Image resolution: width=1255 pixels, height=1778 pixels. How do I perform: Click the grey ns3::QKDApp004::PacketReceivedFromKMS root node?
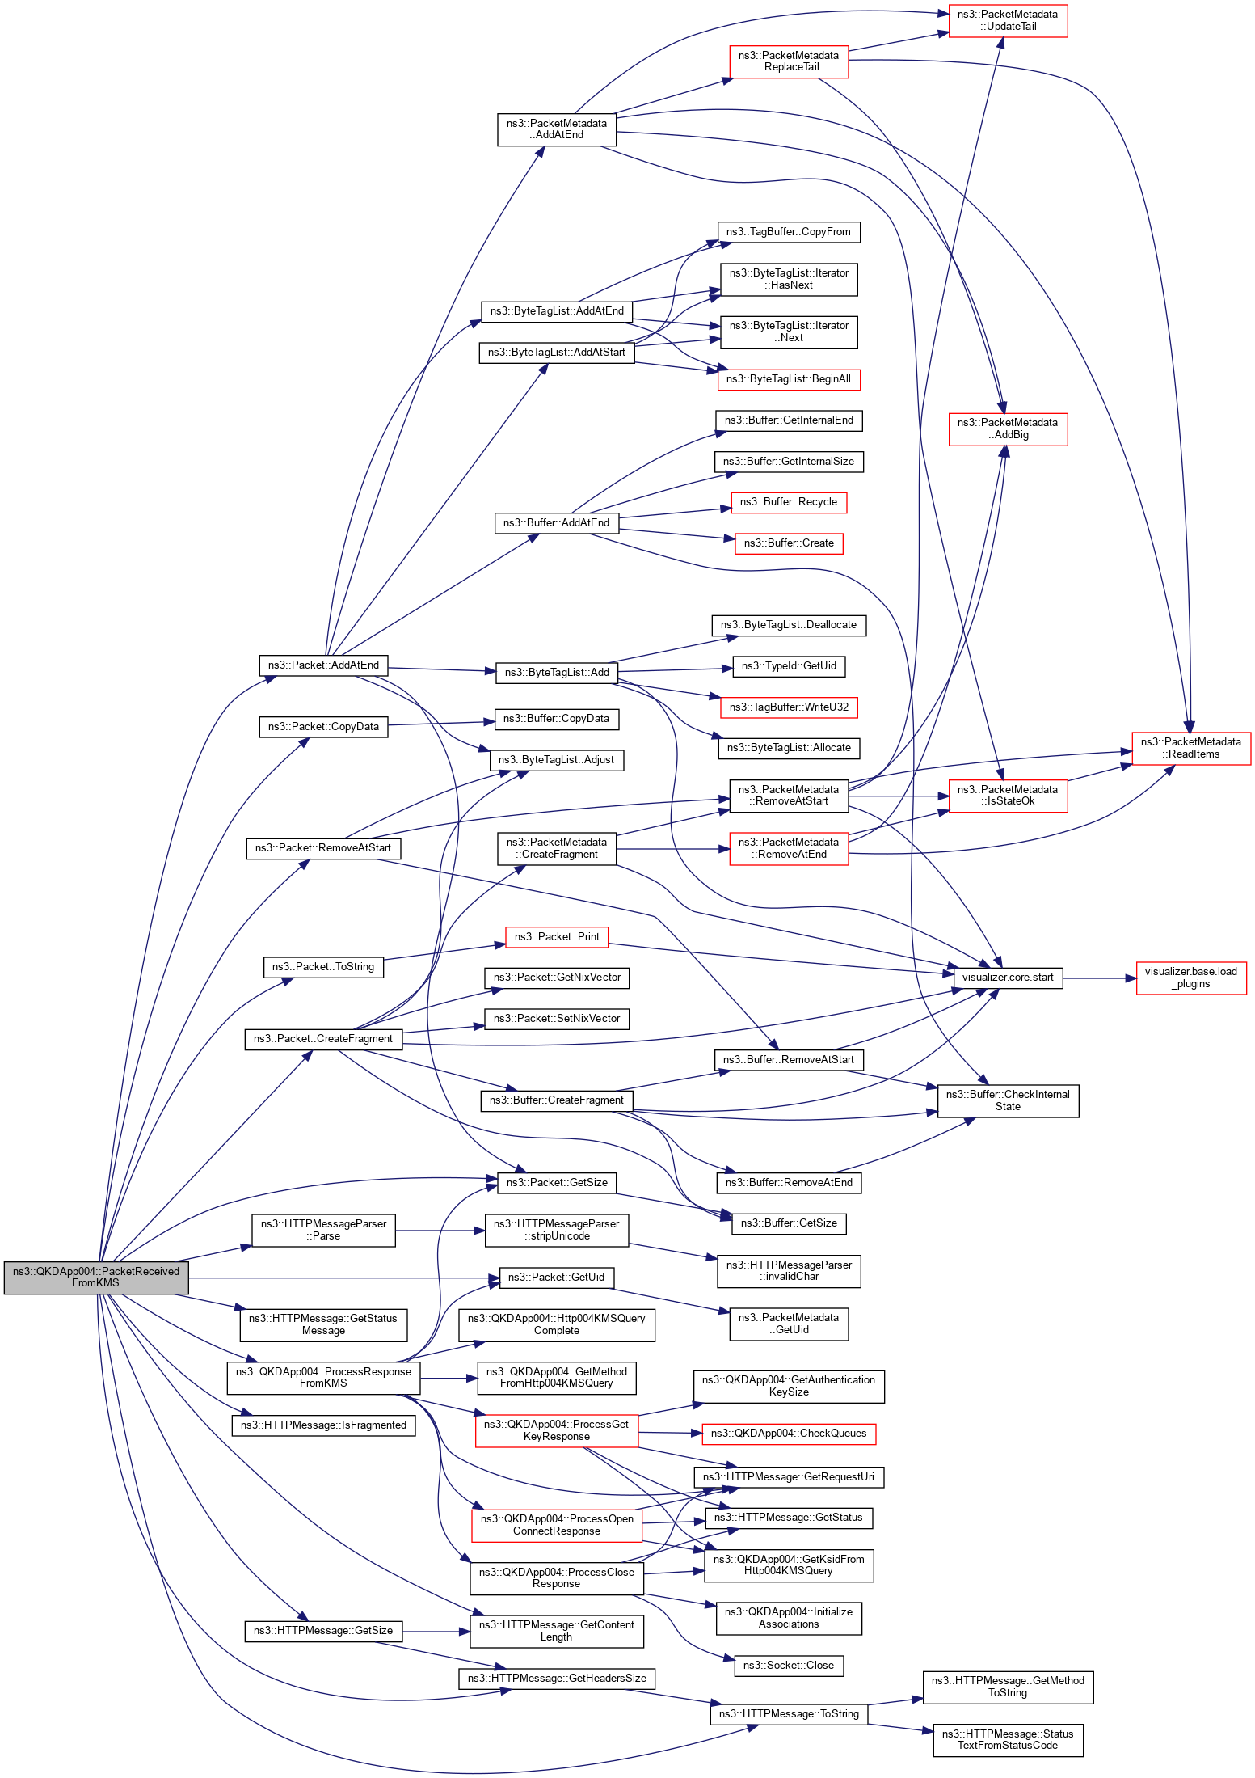pyautogui.click(x=95, y=1277)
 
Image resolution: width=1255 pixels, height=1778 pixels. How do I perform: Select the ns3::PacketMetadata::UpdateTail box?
pyautogui.click(x=1007, y=20)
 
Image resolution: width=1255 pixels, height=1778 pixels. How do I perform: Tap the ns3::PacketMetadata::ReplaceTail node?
pyautogui.click(x=788, y=61)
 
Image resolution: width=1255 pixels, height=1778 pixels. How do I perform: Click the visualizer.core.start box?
pyautogui.click(x=1007, y=977)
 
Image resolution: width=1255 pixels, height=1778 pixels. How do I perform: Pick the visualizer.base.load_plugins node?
pyautogui.click(x=1190, y=978)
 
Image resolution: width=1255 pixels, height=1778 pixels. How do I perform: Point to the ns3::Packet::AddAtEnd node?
pyautogui.click(x=323, y=665)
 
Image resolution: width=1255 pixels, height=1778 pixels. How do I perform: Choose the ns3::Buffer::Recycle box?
pyautogui.click(x=788, y=502)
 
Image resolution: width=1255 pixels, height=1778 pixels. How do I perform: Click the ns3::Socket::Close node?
pyautogui.click(x=788, y=1665)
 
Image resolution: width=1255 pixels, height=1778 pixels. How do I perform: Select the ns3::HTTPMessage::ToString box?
pyautogui.click(x=788, y=1713)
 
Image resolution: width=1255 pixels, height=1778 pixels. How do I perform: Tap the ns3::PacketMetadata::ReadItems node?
pyautogui.click(x=1190, y=748)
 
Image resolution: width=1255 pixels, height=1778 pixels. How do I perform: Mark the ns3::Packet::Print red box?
pyautogui.click(x=556, y=936)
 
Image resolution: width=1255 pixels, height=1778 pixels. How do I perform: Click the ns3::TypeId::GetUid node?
pyautogui.click(x=788, y=665)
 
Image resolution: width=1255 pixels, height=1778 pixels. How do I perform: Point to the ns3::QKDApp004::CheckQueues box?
pyautogui.click(x=788, y=1433)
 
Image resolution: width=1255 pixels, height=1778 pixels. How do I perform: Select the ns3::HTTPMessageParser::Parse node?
pyautogui.click(x=323, y=1230)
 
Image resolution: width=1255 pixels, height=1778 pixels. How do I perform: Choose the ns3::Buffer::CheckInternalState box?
pyautogui.click(x=1007, y=1100)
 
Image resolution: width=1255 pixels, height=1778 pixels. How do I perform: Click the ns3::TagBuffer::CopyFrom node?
pyautogui.click(x=788, y=232)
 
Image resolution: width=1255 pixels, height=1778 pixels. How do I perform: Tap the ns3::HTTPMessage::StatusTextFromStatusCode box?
pyautogui.click(x=1007, y=1739)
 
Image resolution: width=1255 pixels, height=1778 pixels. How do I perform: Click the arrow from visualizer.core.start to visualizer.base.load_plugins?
pyautogui.click(x=1099, y=978)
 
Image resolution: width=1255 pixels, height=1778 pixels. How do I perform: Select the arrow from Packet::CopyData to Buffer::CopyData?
pyautogui.click(x=440, y=724)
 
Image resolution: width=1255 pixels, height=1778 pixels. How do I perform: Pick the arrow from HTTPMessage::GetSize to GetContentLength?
pyautogui.click(x=436, y=1632)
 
